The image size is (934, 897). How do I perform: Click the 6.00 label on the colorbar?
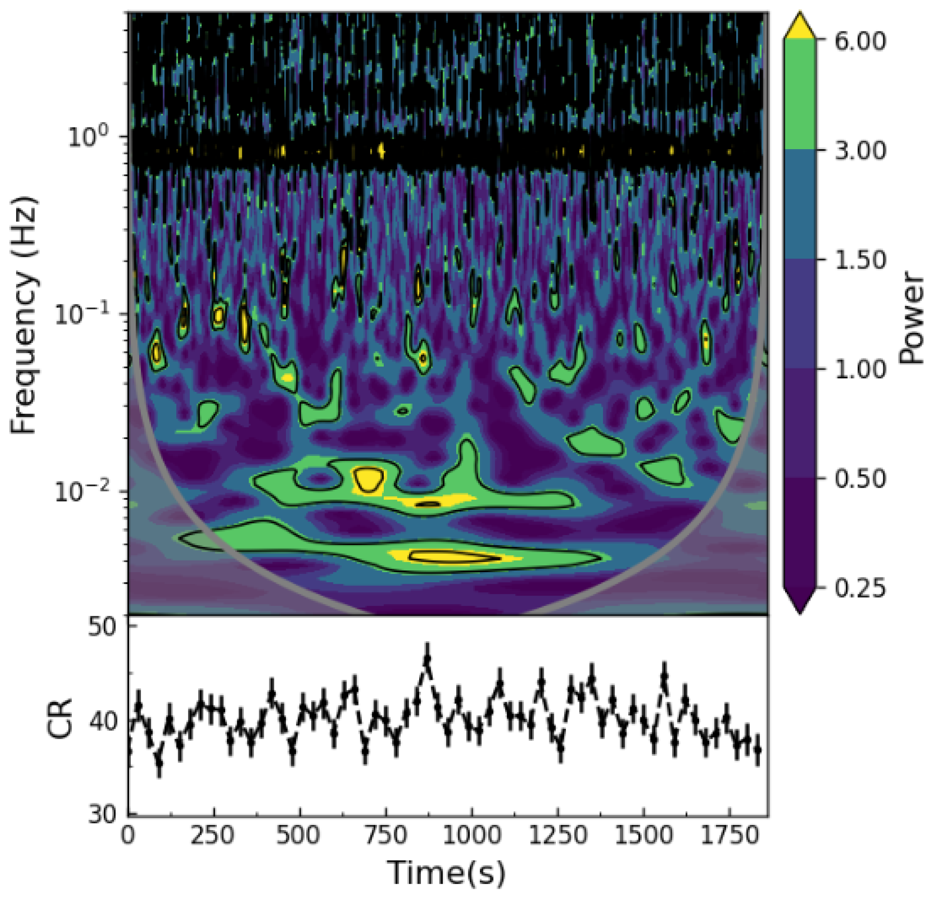point(859,42)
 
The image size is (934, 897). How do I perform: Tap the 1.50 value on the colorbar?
point(859,260)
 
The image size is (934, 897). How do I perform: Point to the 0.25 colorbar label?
point(859,588)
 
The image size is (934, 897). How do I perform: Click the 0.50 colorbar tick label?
point(859,479)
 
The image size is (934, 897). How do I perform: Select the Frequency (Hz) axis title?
point(23,314)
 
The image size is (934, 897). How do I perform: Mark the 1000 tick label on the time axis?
point(471,835)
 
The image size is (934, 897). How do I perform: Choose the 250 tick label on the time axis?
point(213,835)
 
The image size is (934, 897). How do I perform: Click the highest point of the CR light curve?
point(427,659)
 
